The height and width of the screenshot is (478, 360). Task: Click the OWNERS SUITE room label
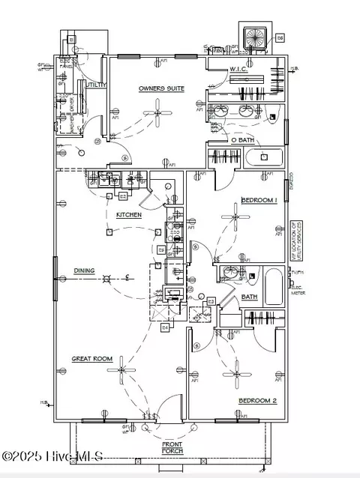tap(161, 88)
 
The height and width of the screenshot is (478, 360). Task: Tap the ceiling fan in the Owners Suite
tap(156, 115)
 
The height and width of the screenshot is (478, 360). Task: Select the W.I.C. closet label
tap(238, 70)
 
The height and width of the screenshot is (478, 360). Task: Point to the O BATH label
tap(243, 140)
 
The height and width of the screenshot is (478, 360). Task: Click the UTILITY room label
tap(96, 85)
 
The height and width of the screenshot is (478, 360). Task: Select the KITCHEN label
tap(128, 215)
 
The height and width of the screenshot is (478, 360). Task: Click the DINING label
tap(84, 270)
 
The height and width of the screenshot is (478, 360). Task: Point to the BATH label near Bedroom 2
tap(250, 297)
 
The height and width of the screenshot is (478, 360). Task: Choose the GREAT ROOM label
tap(91, 359)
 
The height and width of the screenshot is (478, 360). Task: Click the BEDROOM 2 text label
tap(257, 401)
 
